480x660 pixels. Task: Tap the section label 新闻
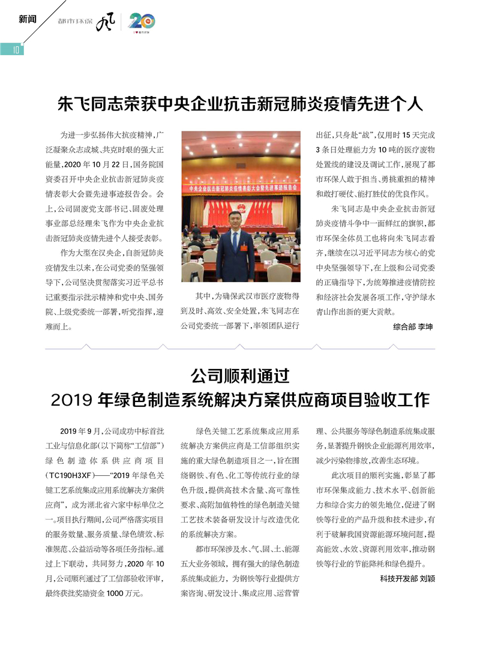click(x=28, y=19)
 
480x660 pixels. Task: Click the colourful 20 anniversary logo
click(x=142, y=22)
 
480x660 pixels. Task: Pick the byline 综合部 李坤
click(x=413, y=327)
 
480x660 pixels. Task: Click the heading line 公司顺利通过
click(x=240, y=377)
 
